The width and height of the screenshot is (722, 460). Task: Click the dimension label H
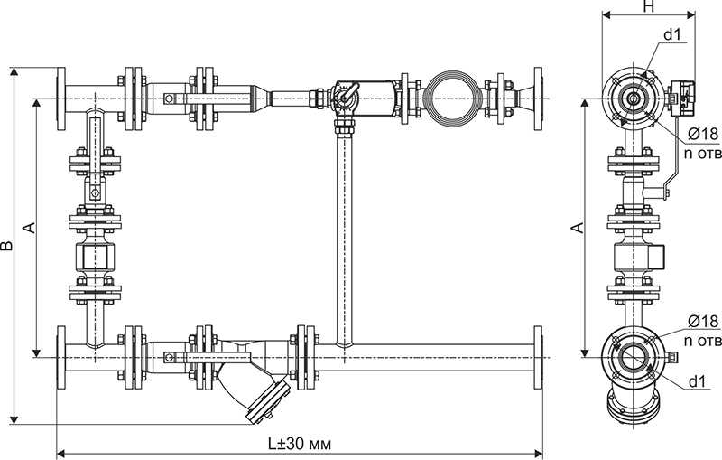tap(648, 6)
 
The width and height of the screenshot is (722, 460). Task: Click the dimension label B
tap(6, 245)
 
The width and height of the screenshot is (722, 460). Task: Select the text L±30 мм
tap(300, 444)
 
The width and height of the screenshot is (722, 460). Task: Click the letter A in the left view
tap(29, 228)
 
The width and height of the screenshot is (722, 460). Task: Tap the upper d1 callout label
tap(671, 35)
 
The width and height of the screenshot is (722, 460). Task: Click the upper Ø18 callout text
tap(703, 134)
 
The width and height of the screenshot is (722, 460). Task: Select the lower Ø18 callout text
tap(703, 321)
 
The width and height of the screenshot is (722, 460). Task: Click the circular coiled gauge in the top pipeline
tap(453, 99)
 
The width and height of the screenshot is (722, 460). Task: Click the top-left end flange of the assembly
tap(60, 99)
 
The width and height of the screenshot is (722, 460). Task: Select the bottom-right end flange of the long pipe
tap(538, 357)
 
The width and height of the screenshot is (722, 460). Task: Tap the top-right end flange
tap(538, 99)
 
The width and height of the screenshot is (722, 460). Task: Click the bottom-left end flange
tap(60, 357)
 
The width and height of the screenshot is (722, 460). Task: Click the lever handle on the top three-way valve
tap(347, 92)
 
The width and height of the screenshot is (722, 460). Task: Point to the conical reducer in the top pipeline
tap(261, 99)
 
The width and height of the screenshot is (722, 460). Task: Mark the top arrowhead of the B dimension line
tap(14, 71)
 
